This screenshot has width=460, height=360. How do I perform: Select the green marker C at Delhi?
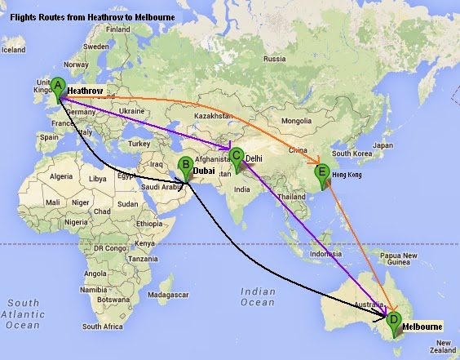click(x=237, y=156)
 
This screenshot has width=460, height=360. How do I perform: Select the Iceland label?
click(x=13, y=49)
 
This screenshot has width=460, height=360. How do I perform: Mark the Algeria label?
click(x=62, y=176)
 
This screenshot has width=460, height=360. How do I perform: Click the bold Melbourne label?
click(x=422, y=327)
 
